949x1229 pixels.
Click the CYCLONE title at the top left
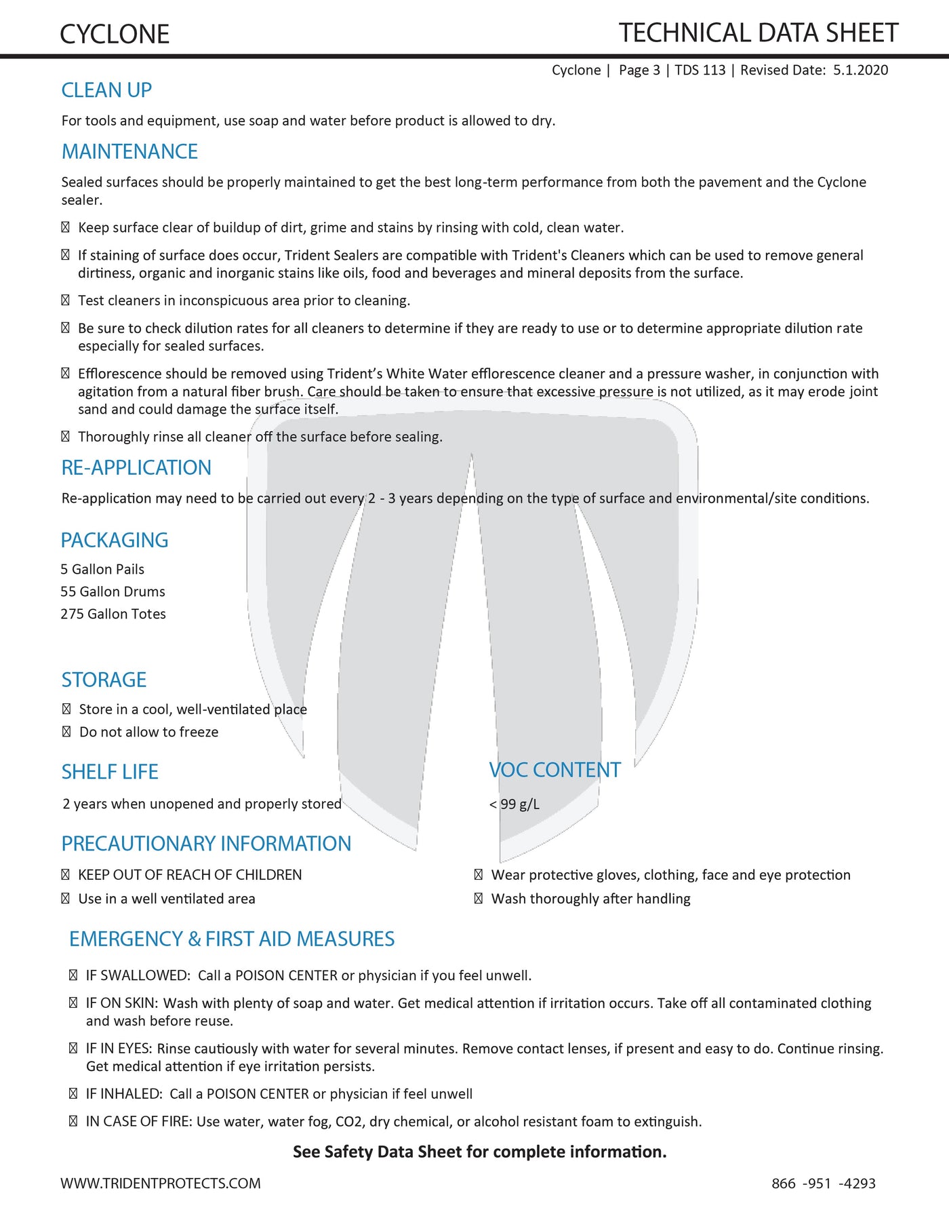click(115, 35)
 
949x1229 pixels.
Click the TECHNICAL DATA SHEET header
click(758, 33)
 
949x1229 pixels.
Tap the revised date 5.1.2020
click(860, 70)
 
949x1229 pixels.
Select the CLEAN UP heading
click(106, 90)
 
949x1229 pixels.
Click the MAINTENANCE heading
click(129, 151)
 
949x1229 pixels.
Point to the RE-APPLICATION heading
click(136, 467)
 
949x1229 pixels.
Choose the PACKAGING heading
click(115, 540)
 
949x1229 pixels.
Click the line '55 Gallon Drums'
click(113, 591)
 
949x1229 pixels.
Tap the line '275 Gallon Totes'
click(113, 614)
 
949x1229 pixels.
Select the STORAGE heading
click(104, 680)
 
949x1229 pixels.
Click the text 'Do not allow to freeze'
click(148, 732)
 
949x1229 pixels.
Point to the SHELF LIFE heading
click(110, 772)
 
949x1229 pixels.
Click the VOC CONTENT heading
click(554, 770)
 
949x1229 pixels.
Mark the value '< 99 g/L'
click(514, 804)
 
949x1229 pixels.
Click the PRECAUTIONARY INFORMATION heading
click(206, 843)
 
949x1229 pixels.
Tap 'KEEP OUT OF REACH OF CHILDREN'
click(190, 875)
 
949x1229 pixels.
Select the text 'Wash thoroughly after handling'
click(590, 899)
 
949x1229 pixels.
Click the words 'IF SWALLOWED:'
click(138, 975)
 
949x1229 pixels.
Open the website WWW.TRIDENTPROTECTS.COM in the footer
click(161, 1184)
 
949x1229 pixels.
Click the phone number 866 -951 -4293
click(823, 1184)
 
